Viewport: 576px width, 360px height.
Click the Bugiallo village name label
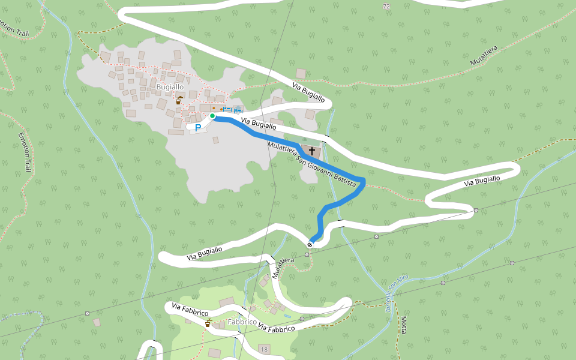pyautogui.click(x=169, y=87)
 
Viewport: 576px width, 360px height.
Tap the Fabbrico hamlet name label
pyautogui.click(x=242, y=322)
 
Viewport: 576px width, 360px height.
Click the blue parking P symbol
pyautogui.click(x=197, y=127)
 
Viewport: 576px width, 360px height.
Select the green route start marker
pyautogui.click(x=212, y=116)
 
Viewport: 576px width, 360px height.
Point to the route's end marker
pyautogui.click(x=310, y=244)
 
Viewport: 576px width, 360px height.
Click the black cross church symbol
pyautogui.click(x=312, y=151)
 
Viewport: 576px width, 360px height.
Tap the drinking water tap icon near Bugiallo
pyautogui.click(x=178, y=101)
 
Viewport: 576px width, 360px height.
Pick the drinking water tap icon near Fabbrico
pyautogui.click(x=208, y=323)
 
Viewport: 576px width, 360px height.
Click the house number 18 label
pyautogui.click(x=264, y=349)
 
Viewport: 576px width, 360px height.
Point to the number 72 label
pyautogui.click(x=386, y=6)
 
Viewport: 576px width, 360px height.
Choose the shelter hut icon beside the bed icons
pyautogui.click(x=239, y=109)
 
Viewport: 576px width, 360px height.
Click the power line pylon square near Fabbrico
pyautogui.click(x=88, y=313)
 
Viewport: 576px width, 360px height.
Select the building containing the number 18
pyautogui.click(x=264, y=350)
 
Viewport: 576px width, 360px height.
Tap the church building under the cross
pyautogui.click(x=310, y=152)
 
